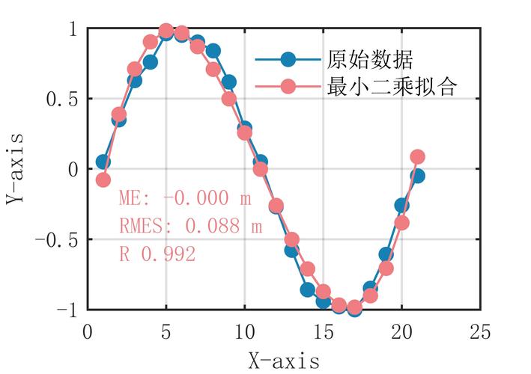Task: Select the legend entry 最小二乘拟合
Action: (x=392, y=87)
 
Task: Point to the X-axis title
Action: (x=284, y=361)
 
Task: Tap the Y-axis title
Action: (x=16, y=169)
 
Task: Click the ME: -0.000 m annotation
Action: (x=184, y=199)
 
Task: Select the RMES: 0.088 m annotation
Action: (x=190, y=226)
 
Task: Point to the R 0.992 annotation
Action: (x=157, y=254)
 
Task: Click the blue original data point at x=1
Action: (x=103, y=162)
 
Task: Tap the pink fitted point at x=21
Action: (x=418, y=157)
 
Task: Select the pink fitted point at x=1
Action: (x=103, y=180)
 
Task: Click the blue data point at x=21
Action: (x=418, y=176)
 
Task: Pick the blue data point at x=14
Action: (x=308, y=289)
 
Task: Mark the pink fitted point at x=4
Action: (x=151, y=42)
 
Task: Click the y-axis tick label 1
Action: (x=72, y=28)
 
